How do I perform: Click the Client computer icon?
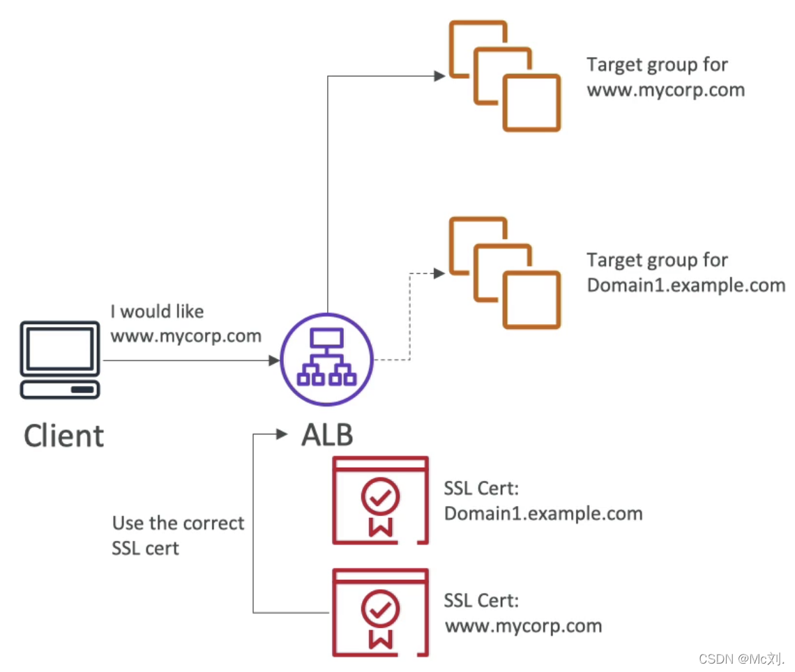(x=60, y=359)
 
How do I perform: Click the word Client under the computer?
(x=63, y=436)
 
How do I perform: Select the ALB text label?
(x=327, y=435)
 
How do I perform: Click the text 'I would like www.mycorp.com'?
(x=185, y=323)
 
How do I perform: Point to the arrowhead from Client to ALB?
(x=274, y=360)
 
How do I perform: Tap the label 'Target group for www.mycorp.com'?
(x=665, y=77)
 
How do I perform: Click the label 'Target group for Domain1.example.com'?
(x=686, y=273)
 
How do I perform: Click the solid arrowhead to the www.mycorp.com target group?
(x=439, y=76)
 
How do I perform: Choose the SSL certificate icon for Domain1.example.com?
(x=381, y=500)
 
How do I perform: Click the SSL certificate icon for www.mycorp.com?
(x=381, y=612)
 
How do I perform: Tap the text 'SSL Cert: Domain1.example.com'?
(x=543, y=501)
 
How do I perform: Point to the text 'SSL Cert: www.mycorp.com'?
(x=523, y=613)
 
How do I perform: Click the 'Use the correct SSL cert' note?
(x=178, y=535)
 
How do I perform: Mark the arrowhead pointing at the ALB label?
(x=282, y=435)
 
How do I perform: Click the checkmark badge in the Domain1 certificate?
(x=380, y=497)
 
